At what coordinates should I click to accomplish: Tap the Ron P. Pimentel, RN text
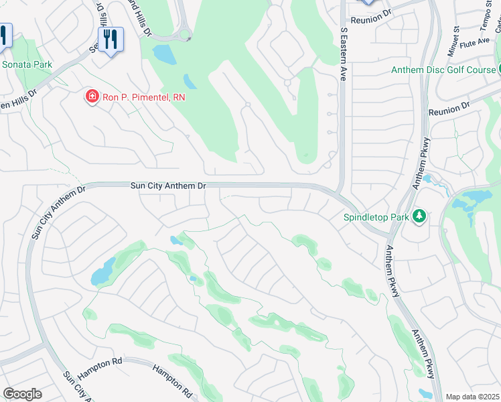pyautogui.click(x=143, y=98)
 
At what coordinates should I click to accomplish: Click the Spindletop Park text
pyautogui.click(x=376, y=216)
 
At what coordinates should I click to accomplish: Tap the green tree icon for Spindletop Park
pyautogui.click(x=419, y=216)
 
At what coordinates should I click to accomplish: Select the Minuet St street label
pyautogui.click(x=455, y=41)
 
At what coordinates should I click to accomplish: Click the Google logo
pyautogui.click(x=22, y=394)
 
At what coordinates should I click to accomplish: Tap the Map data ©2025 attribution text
pyautogui.click(x=472, y=397)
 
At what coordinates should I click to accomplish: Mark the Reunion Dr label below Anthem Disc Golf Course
pyautogui.click(x=449, y=109)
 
